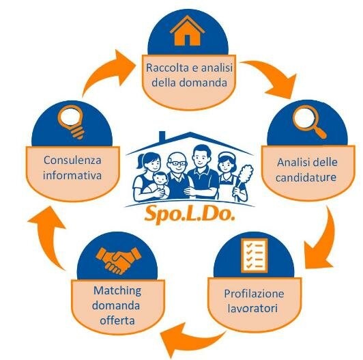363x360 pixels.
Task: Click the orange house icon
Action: pyautogui.click(x=187, y=31)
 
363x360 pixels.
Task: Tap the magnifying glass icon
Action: pyautogui.click(x=309, y=122)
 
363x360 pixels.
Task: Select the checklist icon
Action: pyautogui.click(x=255, y=255)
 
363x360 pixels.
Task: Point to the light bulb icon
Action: pyautogui.click(x=72, y=122)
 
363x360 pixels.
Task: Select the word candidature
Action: pyautogui.click(x=306, y=178)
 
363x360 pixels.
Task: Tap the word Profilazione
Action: pyautogui.click(x=254, y=294)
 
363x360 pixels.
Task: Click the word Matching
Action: pyautogui.click(x=117, y=291)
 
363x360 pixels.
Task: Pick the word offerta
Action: pyautogui.click(x=117, y=320)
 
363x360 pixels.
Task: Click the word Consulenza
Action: pyautogui.click(x=72, y=160)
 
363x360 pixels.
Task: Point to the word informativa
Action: pyautogui.click(x=72, y=176)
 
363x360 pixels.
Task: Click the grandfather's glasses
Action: pyautogui.click(x=177, y=163)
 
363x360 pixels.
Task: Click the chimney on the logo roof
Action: pyautogui.click(x=162, y=137)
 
